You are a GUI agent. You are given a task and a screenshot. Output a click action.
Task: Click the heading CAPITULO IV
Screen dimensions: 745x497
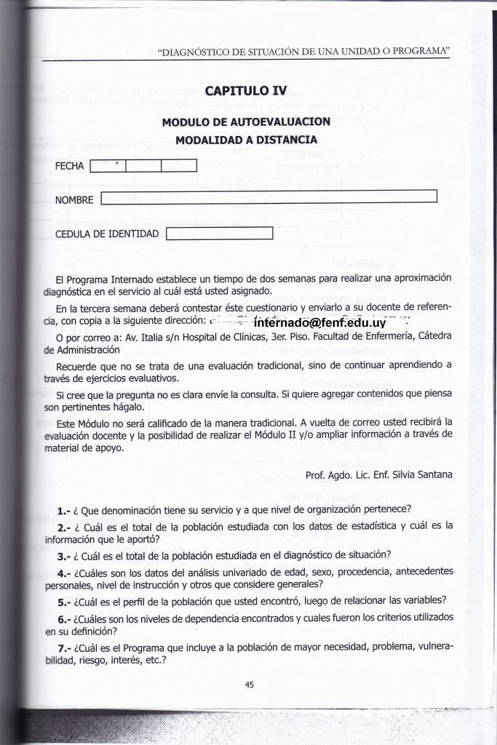(246, 91)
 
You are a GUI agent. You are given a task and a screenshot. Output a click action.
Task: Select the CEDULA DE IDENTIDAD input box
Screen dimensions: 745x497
(219, 234)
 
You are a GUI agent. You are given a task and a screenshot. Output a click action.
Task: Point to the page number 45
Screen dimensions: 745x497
(249, 683)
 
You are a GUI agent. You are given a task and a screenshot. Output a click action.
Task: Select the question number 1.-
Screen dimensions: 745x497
(63, 509)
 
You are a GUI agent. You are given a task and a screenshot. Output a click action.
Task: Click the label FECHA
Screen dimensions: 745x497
(70, 166)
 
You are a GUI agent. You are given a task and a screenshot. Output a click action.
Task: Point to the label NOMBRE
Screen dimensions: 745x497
(74, 199)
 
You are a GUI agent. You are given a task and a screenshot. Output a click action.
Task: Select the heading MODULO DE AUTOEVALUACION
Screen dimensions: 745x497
(246, 121)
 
